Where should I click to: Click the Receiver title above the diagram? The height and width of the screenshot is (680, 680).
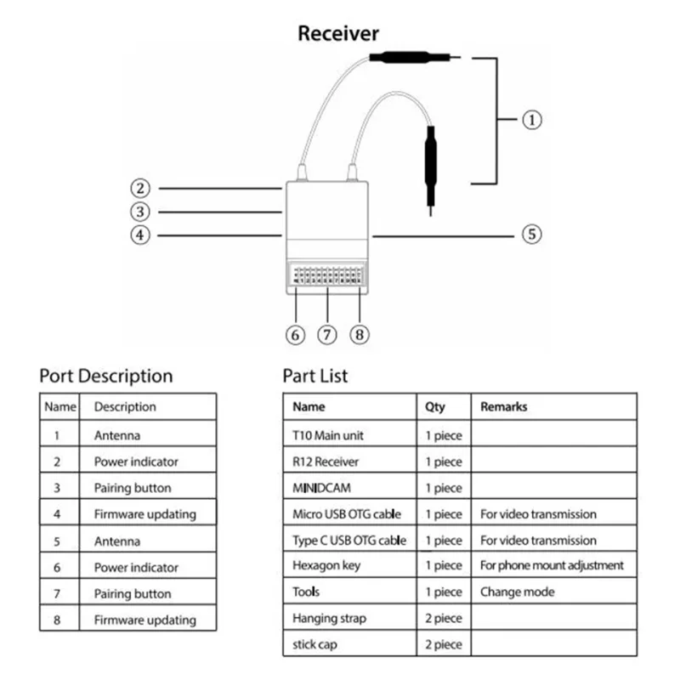338,34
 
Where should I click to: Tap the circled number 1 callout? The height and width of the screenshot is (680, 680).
531,120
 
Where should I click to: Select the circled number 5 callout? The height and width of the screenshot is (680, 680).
531,234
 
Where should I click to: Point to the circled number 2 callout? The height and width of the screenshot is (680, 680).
141,188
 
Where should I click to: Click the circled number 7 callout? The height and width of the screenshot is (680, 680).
328,334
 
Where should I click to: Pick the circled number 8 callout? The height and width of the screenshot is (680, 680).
360,334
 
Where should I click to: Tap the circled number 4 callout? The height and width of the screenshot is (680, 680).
141,235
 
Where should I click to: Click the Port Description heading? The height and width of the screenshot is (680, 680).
106,376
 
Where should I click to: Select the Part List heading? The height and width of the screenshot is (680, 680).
315,376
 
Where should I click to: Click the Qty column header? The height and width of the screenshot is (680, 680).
434,407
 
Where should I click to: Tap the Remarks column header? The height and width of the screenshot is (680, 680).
504,407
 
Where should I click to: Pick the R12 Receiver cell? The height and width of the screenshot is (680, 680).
326,462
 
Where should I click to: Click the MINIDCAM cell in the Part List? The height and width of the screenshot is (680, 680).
322,488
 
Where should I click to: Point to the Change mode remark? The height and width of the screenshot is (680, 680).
518,592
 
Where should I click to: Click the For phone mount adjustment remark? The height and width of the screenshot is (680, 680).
552,565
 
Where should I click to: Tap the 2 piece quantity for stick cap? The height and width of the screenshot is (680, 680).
444,644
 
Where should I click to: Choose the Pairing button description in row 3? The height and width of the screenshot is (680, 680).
133,488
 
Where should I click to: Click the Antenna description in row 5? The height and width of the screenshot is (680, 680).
117,541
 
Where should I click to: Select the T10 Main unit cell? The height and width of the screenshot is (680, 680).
327,435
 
